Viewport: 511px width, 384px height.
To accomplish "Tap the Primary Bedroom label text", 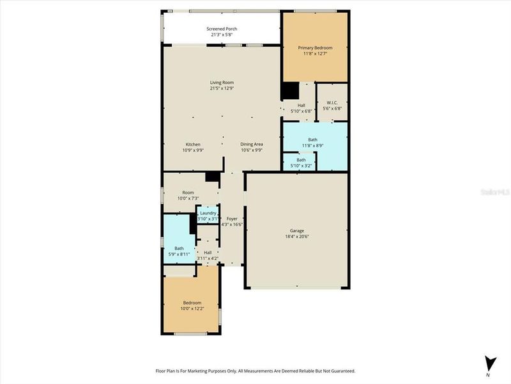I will click(x=316, y=48).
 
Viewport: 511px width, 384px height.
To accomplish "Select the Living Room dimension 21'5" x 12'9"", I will click(x=222, y=88).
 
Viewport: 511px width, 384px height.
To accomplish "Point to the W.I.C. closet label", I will click(x=332, y=102).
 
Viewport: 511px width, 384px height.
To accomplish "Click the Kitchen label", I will click(x=193, y=144).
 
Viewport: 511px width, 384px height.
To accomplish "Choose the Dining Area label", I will click(x=252, y=144).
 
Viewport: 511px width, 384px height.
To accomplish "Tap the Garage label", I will click(x=297, y=230).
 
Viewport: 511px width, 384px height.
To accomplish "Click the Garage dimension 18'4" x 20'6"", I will click(x=297, y=236).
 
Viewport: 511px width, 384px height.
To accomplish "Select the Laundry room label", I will click(x=208, y=213).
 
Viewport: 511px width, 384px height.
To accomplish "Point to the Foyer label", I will click(x=232, y=219).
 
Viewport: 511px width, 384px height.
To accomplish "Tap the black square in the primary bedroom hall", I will click(x=291, y=91).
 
